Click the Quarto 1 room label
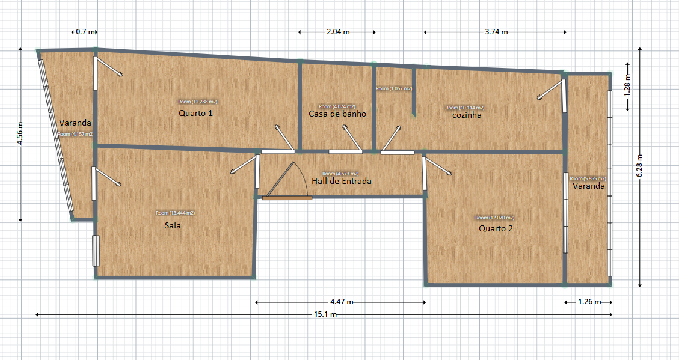196,113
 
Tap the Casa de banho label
337,114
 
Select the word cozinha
467,115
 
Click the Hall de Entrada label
342,181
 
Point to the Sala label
173,227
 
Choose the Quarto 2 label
496,229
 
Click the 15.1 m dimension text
325,314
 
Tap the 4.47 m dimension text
342,302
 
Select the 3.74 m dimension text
496,32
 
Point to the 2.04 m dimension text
337,32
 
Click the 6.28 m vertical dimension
639,166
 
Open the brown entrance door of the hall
287,197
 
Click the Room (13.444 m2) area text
175,213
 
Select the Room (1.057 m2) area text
394,88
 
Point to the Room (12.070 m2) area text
494,218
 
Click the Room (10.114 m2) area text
465,108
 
